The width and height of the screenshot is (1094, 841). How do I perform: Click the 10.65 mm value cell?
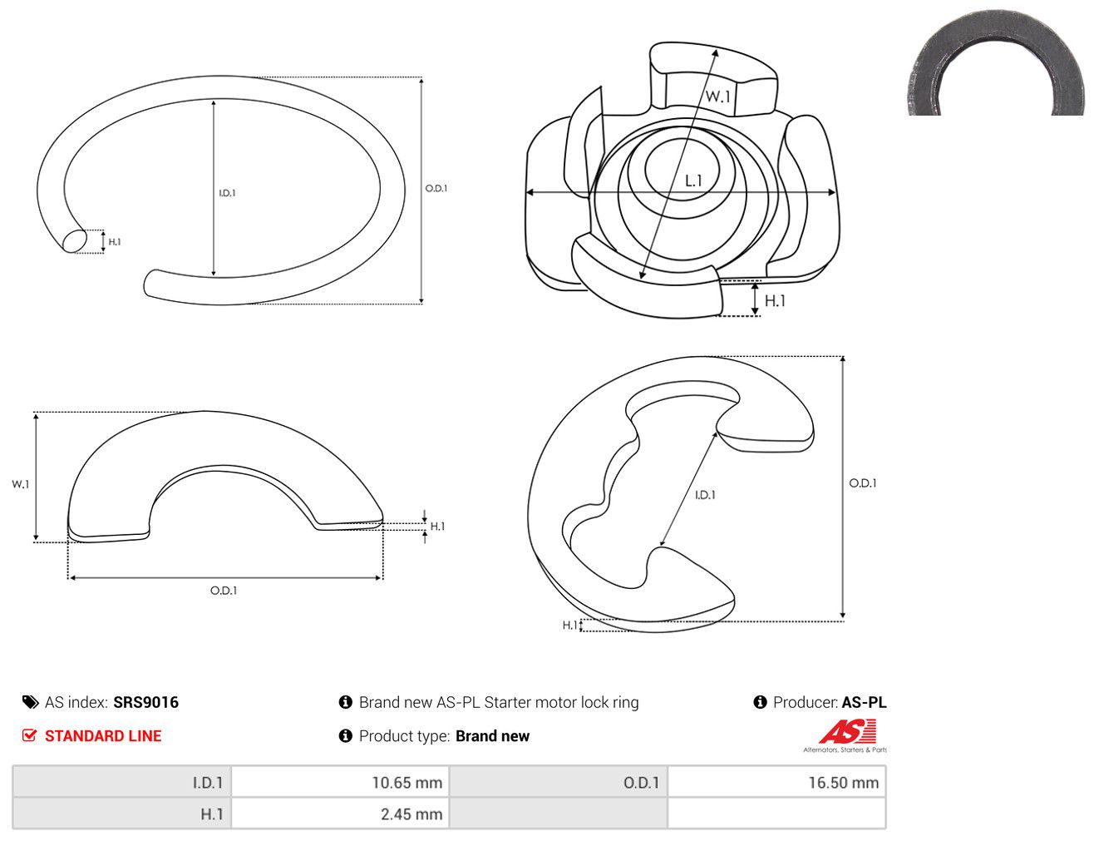tap(340, 782)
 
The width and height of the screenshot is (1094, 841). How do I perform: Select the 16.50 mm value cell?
tap(776, 782)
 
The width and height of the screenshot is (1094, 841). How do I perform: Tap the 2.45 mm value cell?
tap(340, 814)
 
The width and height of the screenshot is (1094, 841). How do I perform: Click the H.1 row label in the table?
tap(121, 814)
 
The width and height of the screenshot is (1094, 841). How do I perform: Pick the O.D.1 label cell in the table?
tap(559, 782)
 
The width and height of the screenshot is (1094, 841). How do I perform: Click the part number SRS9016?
tap(146, 702)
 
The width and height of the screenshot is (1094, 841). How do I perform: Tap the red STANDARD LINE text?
tap(103, 735)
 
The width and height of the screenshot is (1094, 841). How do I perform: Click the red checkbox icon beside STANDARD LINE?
tap(29, 735)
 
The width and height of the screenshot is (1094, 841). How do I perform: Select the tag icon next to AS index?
tap(30, 702)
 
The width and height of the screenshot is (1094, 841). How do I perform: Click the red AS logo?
tap(847, 731)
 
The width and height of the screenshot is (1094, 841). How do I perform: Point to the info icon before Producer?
tap(760, 701)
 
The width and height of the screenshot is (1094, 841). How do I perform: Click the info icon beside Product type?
tap(345, 735)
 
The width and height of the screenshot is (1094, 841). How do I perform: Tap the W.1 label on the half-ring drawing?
tap(21, 484)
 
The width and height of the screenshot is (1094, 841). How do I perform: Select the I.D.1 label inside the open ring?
tap(227, 193)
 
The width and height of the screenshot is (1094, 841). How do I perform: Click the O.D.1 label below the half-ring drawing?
tap(224, 591)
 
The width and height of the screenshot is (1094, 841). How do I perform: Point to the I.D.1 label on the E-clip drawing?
tap(705, 495)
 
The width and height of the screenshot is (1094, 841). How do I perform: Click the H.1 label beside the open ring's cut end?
tap(115, 242)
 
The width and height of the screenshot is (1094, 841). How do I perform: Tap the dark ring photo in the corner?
tap(996, 63)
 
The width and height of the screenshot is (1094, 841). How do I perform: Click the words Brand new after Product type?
tap(492, 735)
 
